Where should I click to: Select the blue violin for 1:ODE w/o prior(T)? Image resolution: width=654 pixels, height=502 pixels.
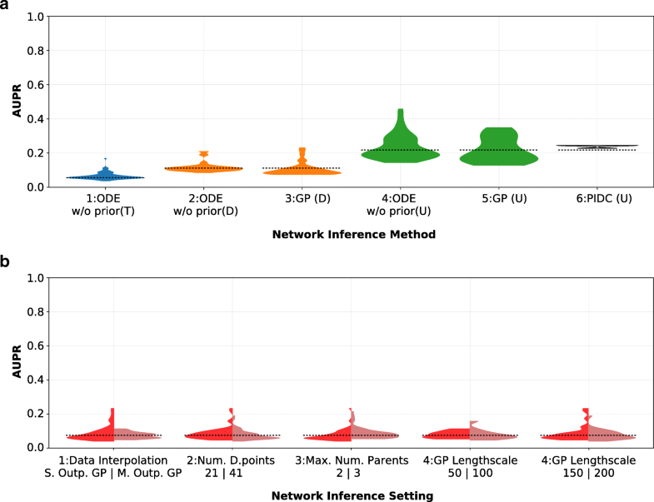pyautogui.click(x=105, y=176)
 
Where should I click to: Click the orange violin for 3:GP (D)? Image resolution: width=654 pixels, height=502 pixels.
pyautogui.click(x=302, y=170)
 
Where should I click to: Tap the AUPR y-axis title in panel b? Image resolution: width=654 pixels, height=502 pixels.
pyautogui.click(x=16, y=362)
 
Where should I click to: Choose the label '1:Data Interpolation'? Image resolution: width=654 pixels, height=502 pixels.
pyautogui.click(x=113, y=460)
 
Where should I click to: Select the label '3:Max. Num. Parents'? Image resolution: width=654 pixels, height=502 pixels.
pyautogui.click(x=351, y=460)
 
